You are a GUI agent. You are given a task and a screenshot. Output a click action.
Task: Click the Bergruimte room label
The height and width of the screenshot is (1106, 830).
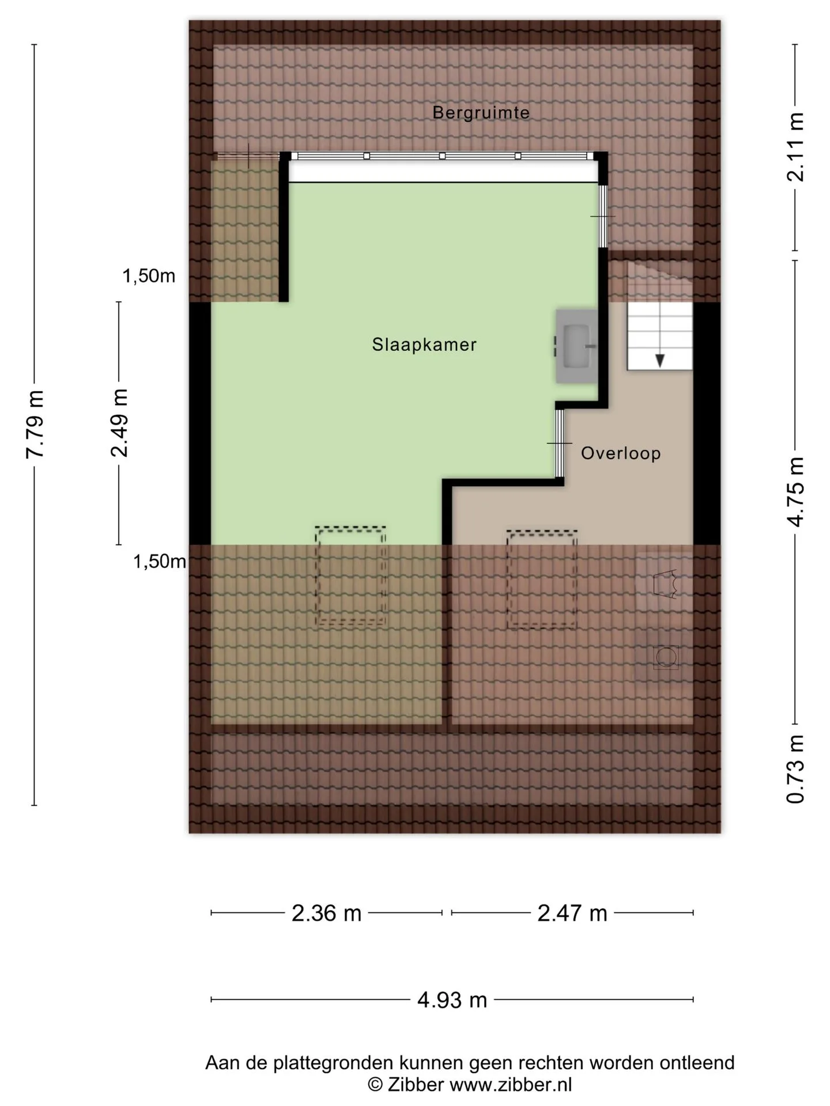pos(481,112)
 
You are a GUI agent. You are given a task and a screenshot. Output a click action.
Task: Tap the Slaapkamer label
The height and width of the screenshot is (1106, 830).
pos(424,344)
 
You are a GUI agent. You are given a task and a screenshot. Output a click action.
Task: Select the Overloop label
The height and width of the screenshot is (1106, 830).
pos(621,453)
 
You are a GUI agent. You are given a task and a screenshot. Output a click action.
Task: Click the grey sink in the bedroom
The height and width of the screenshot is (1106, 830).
pos(575,346)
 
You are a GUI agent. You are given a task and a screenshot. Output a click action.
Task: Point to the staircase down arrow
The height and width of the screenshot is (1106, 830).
pos(660,361)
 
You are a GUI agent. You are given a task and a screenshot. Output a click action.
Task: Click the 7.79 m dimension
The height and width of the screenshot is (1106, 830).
pos(36,425)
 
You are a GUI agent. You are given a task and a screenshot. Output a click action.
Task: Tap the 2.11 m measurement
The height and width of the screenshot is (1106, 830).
pos(795,146)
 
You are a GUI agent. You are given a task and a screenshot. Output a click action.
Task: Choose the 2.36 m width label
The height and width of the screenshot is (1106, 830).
pos(326,913)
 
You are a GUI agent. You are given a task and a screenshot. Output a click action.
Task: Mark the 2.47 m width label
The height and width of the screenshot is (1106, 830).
pos(572,913)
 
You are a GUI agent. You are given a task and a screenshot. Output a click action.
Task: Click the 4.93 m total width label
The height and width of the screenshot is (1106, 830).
pos(452,999)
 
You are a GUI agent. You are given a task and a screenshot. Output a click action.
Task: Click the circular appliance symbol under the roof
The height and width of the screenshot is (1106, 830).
pos(666,657)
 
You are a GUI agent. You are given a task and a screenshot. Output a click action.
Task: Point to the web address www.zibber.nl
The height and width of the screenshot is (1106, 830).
pos(511,1085)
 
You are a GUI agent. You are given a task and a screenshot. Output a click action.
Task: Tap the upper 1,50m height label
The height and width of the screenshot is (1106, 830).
pos(149,276)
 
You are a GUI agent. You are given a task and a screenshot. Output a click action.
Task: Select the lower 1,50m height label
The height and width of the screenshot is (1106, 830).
pos(160,561)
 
